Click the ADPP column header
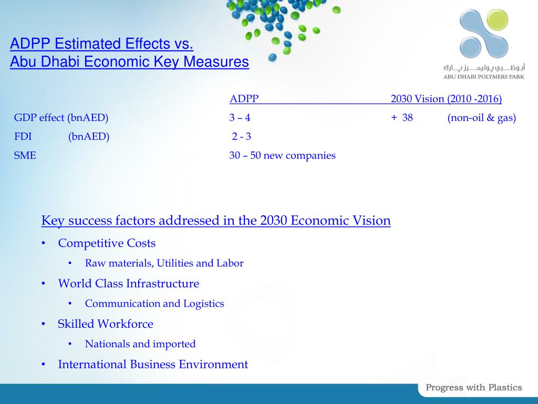(244, 99)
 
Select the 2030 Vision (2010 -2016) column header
(446, 99)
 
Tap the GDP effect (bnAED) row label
(61, 118)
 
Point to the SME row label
(25, 155)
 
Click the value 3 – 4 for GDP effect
(240, 118)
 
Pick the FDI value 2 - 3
(242, 137)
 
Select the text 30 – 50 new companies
(282, 155)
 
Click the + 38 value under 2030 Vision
(402, 118)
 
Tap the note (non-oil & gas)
(481, 118)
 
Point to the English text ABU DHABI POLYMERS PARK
(484, 76)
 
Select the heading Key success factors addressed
(216, 220)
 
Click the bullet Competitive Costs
(107, 243)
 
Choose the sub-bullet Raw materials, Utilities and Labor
(164, 263)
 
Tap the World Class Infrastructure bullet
(128, 284)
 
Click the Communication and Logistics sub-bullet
(154, 304)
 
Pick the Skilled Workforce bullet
(105, 324)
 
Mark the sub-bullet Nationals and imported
(140, 344)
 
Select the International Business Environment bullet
(152, 364)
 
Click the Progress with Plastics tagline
(473, 388)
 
